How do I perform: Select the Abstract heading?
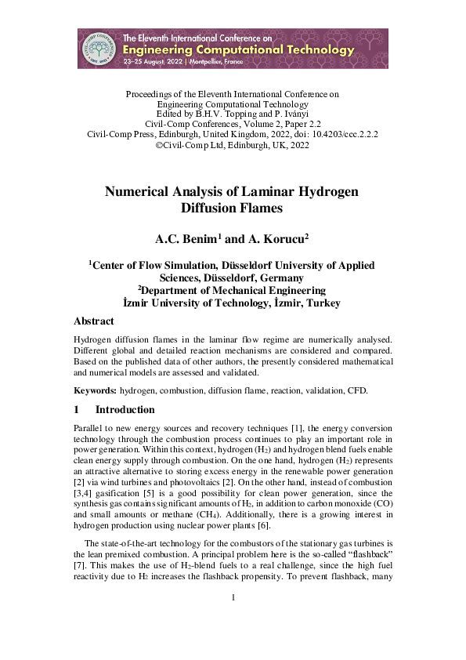pyautogui.click(x=93, y=321)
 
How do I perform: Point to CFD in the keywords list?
pyautogui.click(x=356, y=390)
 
